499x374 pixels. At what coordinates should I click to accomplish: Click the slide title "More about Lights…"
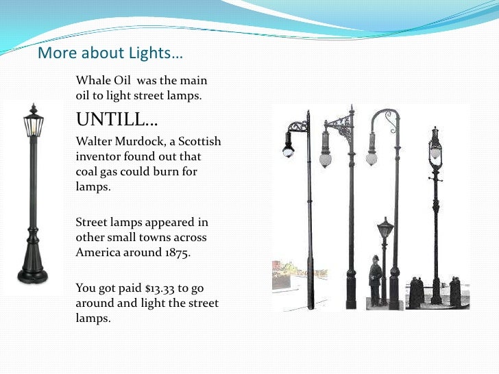tap(110, 53)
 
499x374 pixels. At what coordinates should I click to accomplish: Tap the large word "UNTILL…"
tap(117, 121)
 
